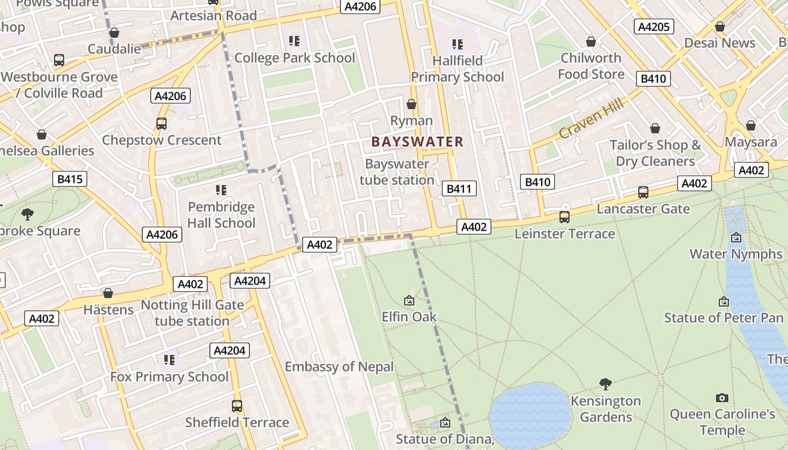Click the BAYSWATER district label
coord(417,142)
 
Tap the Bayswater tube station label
coord(397,172)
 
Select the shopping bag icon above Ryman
coord(411,104)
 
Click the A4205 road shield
coord(653,26)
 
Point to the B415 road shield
coord(70,179)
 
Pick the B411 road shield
coord(459,188)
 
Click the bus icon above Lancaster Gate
coord(643,192)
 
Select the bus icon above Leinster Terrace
coord(564,217)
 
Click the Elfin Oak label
coord(409,317)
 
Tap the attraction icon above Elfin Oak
coord(409,300)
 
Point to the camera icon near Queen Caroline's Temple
coord(722,398)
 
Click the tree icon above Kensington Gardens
coord(606,384)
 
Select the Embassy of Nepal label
coord(339,367)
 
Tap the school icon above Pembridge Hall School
coord(221,190)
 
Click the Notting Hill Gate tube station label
coord(192,313)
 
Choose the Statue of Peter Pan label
coord(723,318)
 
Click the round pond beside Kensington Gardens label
coord(529,416)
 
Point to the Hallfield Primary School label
coord(457,69)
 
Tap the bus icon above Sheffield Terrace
coord(237,406)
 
